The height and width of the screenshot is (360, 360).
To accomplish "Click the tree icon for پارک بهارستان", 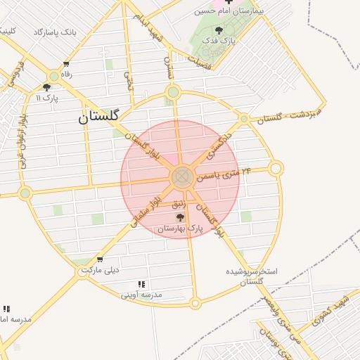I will (181, 218).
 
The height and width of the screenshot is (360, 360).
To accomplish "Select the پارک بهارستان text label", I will (180, 229).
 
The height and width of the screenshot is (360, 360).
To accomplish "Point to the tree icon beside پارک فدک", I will (220, 30).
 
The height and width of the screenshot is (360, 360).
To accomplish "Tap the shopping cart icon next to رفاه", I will (66, 64).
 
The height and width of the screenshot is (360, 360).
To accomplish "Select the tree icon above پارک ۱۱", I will (46, 88).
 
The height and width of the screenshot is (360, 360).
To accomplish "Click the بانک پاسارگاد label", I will (54, 32).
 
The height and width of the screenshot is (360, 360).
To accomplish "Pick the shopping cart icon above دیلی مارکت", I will (99, 259).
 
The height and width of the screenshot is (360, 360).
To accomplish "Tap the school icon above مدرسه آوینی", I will (141, 284).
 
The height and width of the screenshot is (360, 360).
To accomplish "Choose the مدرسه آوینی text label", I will (141, 295).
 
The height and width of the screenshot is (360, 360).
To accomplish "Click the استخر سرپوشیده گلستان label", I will (252, 276).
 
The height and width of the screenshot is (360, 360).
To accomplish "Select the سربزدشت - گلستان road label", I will (288, 114).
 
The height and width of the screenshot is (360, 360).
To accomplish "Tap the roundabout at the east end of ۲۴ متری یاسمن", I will (276, 169).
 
